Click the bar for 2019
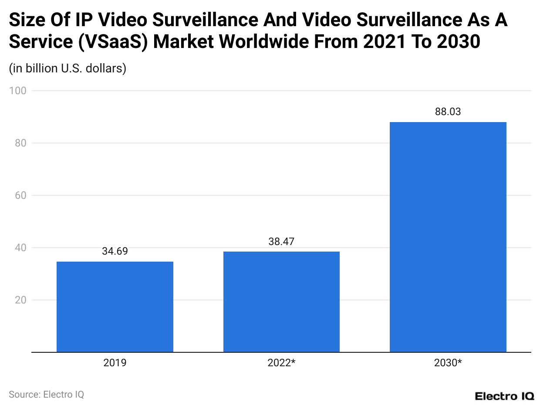click(x=115, y=307)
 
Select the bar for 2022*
click(x=281, y=302)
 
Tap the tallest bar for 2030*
click(x=448, y=237)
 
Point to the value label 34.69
click(x=115, y=251)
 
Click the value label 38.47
click(x=281, y=241)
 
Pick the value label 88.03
click(x=448, y=112)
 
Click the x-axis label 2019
click(x=115, y=363)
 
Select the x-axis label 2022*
click(x=282, y=363)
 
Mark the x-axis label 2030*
click(x=448, y=363)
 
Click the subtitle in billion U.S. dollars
click(x=67, y=68)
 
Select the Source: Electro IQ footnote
click(x=46, y=394)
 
